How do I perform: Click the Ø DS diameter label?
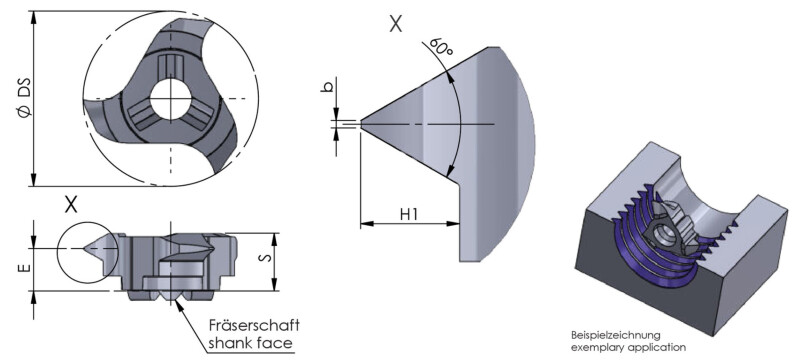click(x=25, y=97)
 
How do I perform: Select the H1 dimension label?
click(x=409, y=215)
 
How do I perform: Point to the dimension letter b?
click(x=329, y=86)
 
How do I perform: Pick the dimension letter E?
click(x=26, y=269)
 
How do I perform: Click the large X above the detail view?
click(x=395, y=23)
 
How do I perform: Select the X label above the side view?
click(x=71, y=205)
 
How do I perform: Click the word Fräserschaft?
click(x=255, y=325)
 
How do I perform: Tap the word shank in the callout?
click(x=228, y=343)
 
